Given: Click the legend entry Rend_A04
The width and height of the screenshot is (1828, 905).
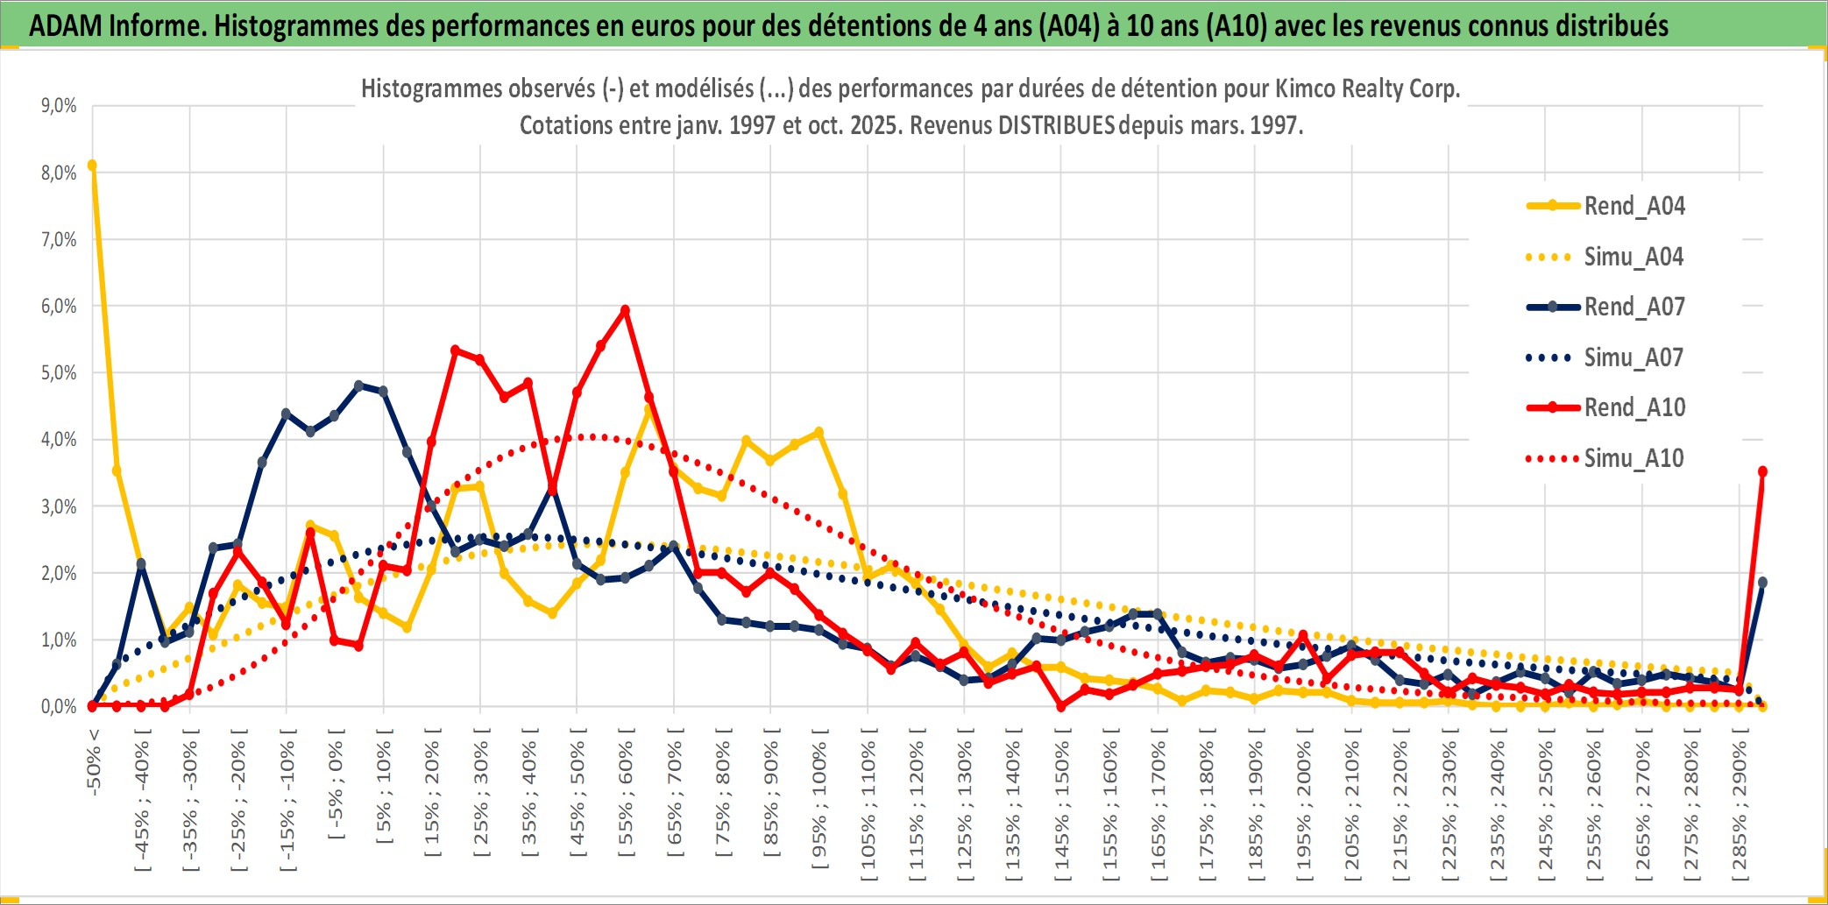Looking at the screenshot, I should point(1633,206).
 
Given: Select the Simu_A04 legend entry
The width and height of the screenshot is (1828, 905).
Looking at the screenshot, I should point(1633,257).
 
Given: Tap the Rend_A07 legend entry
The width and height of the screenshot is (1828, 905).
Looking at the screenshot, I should point(1633,307).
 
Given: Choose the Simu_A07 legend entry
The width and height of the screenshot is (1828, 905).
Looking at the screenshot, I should point(1633,357).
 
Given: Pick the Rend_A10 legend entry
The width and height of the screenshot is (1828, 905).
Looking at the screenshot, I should point(1633,407).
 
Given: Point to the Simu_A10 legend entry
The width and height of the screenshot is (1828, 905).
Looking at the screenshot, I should point(1633,458).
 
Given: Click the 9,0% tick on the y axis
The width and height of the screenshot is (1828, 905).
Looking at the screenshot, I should point(59,106).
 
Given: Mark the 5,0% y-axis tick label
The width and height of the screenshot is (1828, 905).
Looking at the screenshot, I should point(59,373).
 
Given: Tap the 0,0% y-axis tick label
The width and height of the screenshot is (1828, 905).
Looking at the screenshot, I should point(59,707).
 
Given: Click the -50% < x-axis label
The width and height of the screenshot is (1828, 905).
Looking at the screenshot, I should point(94,762).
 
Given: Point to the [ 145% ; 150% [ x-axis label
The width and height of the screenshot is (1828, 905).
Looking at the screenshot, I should point(1061,806).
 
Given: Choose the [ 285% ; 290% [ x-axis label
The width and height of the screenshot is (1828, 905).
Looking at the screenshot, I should point(1739,806).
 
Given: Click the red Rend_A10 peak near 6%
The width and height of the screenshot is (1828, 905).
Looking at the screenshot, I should point(625,310).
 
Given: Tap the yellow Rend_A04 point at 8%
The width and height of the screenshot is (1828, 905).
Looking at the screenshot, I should point(92,166).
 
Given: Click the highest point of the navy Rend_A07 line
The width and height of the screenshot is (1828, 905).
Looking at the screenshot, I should point(358,385).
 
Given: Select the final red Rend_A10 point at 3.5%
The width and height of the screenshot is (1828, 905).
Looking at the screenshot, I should point(1762,472).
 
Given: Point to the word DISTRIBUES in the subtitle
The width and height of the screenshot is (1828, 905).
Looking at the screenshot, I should point(1056,126).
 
